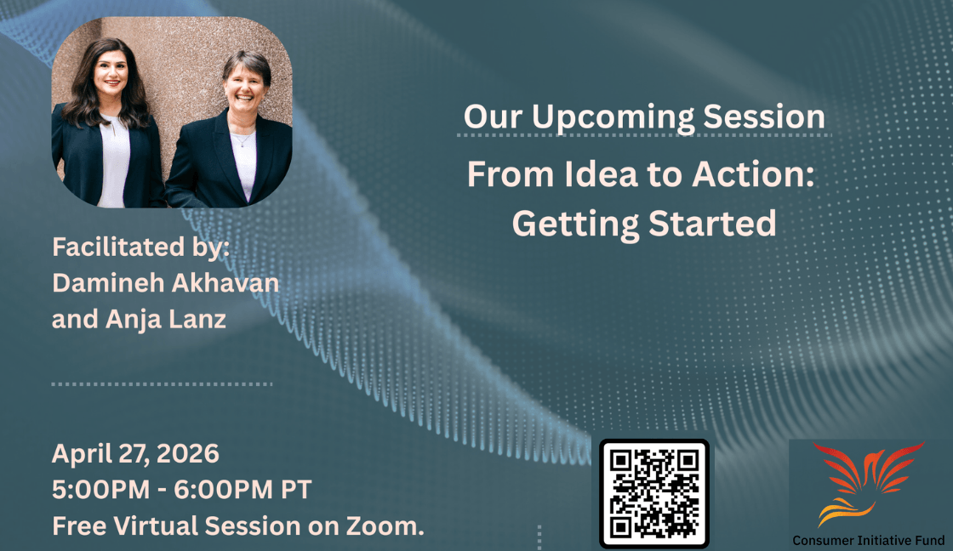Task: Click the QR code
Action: (654, 493)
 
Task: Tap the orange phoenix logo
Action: (869, 484)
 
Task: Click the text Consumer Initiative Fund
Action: (869, 540)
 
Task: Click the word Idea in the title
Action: (601, 174)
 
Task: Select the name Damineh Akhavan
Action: (165, 283)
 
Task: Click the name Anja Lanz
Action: (165, 320)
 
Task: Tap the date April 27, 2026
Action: (135, 454)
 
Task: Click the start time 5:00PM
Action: (101, 490)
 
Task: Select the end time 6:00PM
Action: (224, 490)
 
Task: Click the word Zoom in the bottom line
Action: (385, 526)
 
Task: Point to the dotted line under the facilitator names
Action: (162, 384)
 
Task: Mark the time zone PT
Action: (296, 490)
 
